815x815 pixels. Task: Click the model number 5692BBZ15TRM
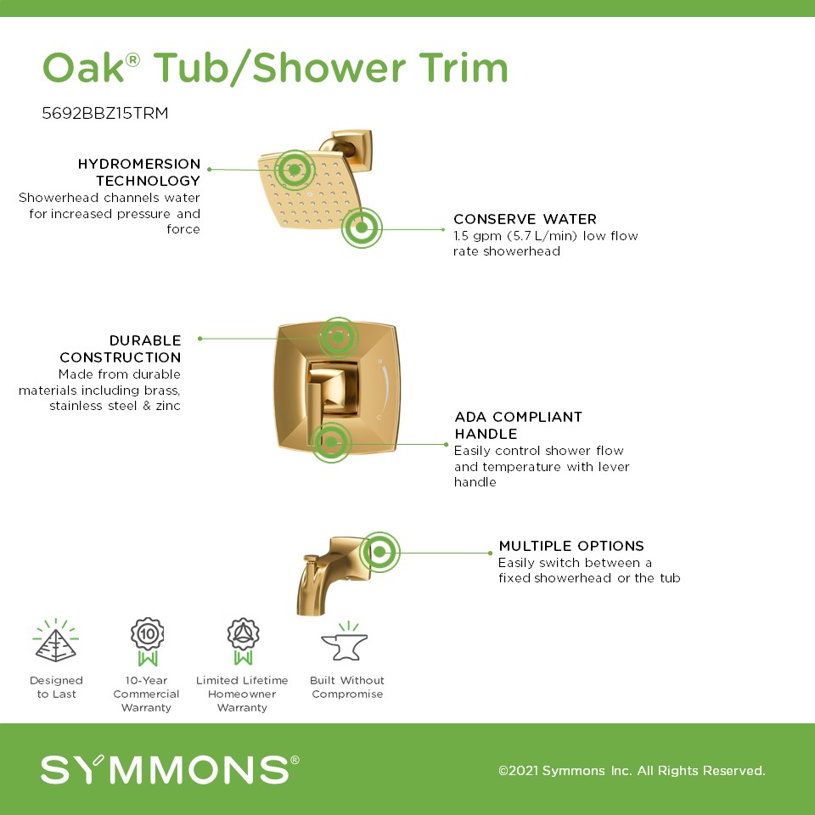pos(105,113)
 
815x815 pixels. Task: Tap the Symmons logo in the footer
pos(170,769)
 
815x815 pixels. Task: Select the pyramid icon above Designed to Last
pos(56,640)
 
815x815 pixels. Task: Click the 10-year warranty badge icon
pos(147,642)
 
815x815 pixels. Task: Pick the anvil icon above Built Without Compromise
pos(345,642)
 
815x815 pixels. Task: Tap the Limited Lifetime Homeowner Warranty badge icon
pos(243,642)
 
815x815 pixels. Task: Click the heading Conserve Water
pos(525,219)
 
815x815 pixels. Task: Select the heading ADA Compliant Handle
pos(518,425)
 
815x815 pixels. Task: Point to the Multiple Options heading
pos(571,546)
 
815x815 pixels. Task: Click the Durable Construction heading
pos(120,349)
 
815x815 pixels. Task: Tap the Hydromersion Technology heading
pos(138,172)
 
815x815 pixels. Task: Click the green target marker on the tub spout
pos(379,552)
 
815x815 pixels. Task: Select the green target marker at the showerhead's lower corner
pos(362,228)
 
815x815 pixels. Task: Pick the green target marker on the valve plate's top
pos(338,338)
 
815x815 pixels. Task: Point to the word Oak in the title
pos(83,68)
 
